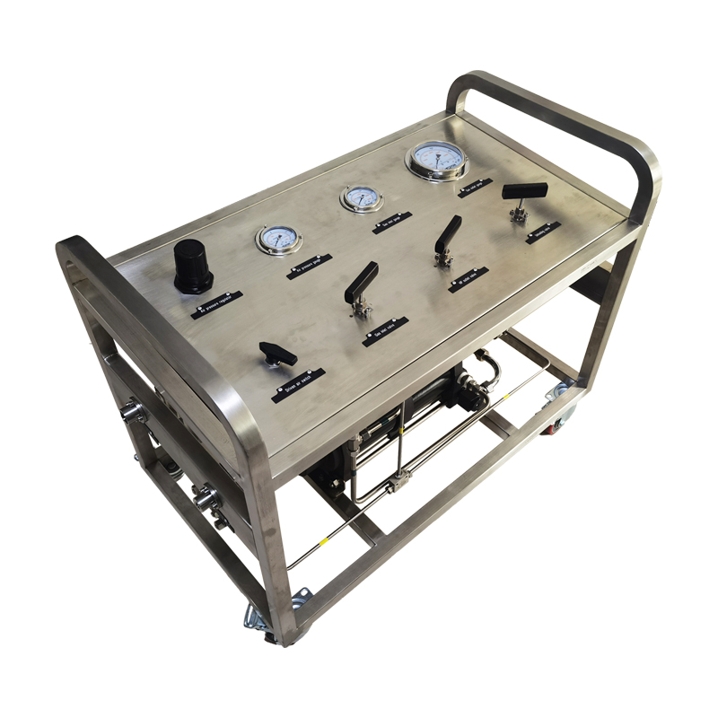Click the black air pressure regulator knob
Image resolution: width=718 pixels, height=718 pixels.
[192, 266]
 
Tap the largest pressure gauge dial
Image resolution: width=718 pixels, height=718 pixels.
[437, 159]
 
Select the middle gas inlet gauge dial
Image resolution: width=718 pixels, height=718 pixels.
[360, 197]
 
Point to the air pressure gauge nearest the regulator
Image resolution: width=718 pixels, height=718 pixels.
[278, 239]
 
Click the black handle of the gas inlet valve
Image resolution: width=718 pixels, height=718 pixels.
[361, 283]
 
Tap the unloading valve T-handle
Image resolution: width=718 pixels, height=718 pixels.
[524, 191]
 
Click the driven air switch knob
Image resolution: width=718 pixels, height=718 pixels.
[277, 354]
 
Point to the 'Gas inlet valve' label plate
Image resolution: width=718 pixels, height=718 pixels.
[385, 331]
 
